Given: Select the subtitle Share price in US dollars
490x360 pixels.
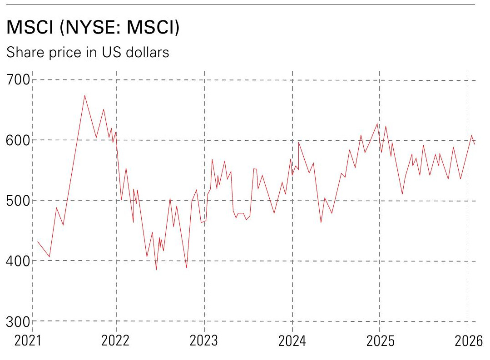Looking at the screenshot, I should click(87, 53).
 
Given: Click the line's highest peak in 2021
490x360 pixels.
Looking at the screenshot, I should click(84, 95).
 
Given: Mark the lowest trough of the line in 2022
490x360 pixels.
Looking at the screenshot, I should click(156, 270).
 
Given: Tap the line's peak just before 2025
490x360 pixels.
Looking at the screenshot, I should click(377, 123).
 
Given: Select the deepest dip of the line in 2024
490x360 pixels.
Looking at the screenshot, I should click(321, 222).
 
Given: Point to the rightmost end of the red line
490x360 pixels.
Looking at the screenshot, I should click(475, 144).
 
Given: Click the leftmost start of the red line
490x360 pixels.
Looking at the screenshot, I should click(38, 242).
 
